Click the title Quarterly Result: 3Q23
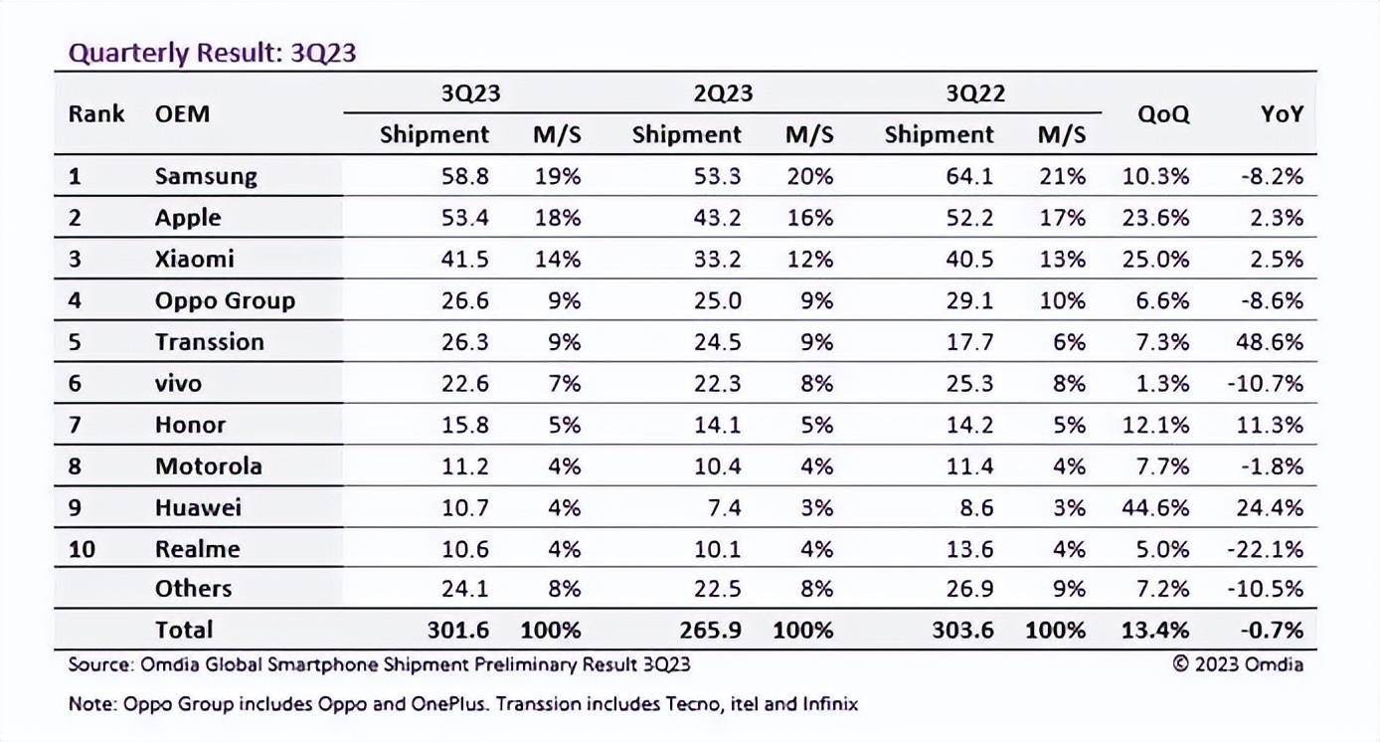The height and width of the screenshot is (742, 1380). tap(212, 54)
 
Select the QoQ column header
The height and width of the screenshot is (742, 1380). tap(1162, 114)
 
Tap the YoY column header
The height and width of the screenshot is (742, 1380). tap(1282, 114)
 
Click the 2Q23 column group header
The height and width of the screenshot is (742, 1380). tap(723, 93)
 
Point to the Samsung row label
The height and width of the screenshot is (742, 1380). tap(206, 176)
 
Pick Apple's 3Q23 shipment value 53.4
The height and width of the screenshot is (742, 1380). tap(464, 218)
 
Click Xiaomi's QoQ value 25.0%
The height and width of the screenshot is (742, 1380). tap(1155, 259)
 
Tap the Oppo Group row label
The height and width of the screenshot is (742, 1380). tap(225, 300)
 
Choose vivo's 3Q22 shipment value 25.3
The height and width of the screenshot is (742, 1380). tap(969, 383)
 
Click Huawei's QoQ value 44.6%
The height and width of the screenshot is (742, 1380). tap(1155, 507)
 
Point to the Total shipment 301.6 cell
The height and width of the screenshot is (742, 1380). tap(458, 630)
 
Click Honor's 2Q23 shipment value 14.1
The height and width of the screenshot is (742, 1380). tap(717, 425)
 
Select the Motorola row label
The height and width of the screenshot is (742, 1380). tap(209, 465)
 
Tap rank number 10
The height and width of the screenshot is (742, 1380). tap(82, 549)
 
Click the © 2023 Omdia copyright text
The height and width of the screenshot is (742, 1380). tap(1238, 664)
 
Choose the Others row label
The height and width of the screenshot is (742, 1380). tap(194, 589)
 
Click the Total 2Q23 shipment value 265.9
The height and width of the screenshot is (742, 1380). tap(711, 630)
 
